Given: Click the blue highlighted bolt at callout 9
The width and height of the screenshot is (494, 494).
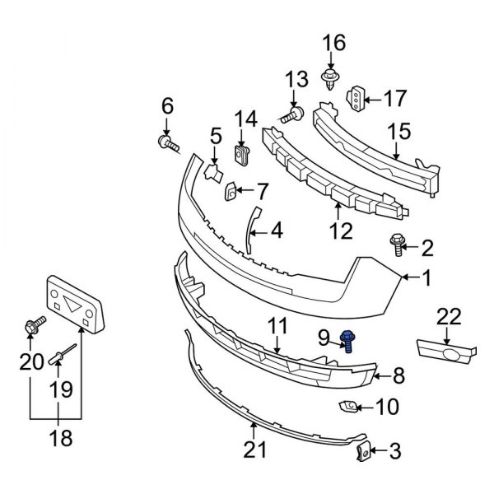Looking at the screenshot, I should [x=347, y=340].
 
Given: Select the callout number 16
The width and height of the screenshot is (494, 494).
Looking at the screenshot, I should [x=334, y=43].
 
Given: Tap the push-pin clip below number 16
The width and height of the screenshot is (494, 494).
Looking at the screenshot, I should [x=331, y=79].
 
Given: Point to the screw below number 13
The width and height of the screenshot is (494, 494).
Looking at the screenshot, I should [x=291, y=116].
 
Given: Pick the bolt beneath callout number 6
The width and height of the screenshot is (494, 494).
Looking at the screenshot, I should [x=169, y=144].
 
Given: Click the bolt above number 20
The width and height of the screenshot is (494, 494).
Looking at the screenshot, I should [x=35, y=327].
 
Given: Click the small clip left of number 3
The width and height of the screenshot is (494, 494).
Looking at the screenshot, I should [x=361, y=450].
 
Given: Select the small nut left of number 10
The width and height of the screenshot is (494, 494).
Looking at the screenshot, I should [x=348, y=405].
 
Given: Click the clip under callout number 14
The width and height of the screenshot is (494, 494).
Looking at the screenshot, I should [x=242, y=153].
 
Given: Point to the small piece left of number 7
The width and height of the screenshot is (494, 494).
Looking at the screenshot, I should [x=231, y=192].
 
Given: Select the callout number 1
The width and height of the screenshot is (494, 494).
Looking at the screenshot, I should [x=426, y=279].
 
